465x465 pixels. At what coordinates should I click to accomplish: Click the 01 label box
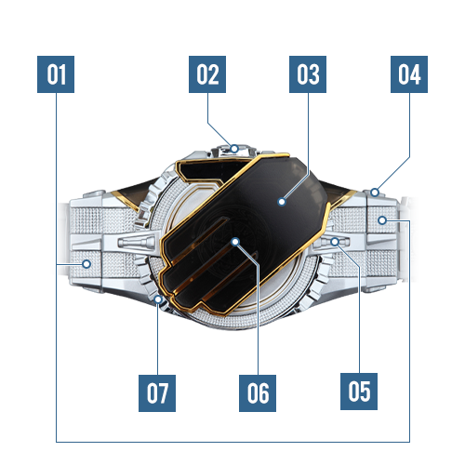point(56,74)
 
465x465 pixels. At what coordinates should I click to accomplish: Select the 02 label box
point(207,74)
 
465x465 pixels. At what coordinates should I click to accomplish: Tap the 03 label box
point(308,74)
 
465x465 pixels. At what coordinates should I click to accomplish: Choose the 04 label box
point(409,74)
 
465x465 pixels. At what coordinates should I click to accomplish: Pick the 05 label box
point(359,392)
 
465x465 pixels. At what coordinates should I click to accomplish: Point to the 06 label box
point(258,393)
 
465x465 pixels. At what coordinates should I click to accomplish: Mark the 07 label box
point(157,393)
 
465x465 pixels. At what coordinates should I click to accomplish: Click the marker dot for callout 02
point(234,149)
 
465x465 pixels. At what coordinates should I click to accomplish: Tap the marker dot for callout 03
point(282,202)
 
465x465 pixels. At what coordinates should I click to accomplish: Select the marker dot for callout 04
point(375,193)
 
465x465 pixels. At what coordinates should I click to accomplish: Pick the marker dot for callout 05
point(335,242)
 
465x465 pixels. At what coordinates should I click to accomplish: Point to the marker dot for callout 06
point(235,242)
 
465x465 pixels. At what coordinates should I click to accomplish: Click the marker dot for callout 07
point(158,299)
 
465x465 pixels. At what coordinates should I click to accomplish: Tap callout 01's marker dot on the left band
point(86,264)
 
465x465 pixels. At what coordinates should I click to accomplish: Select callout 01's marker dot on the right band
point(382,220)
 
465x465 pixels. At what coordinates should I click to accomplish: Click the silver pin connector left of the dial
point(137,242)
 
